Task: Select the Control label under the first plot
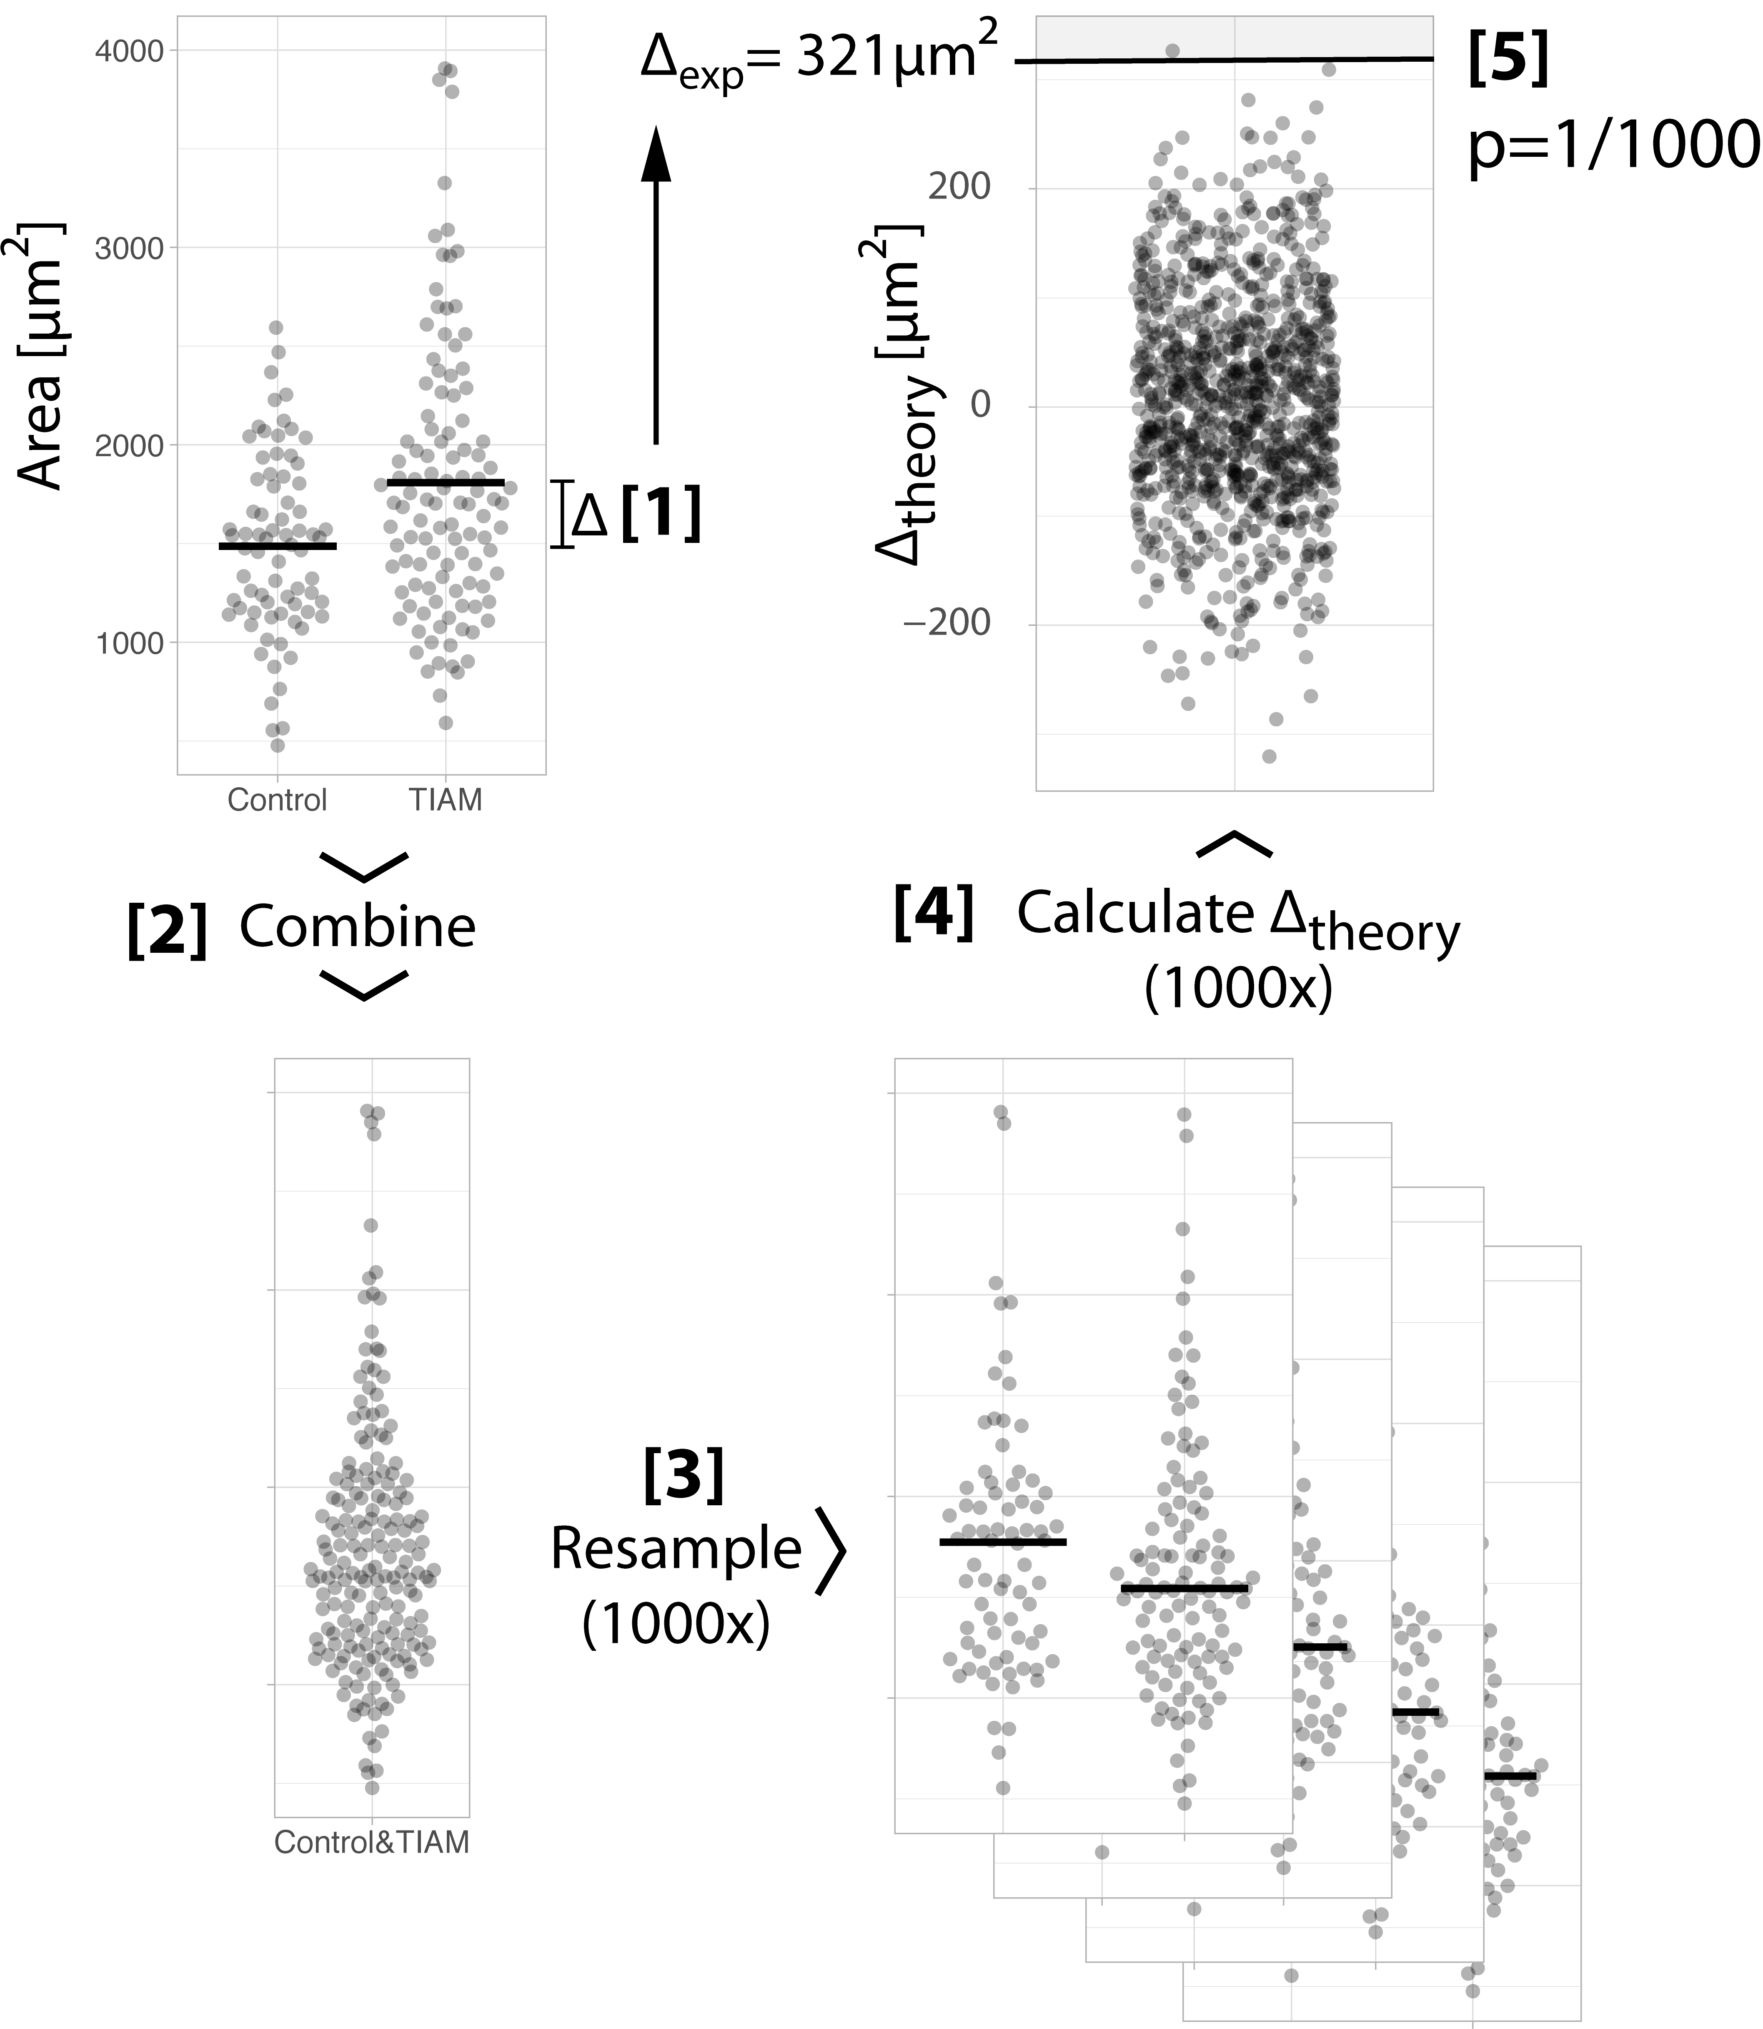click(276, 800)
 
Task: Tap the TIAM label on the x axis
click(446, 800)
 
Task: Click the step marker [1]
click(661, 514)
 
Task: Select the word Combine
click(357, 927)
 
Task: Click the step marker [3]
click(684, 1474)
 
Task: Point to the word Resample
click(676, 1549)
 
